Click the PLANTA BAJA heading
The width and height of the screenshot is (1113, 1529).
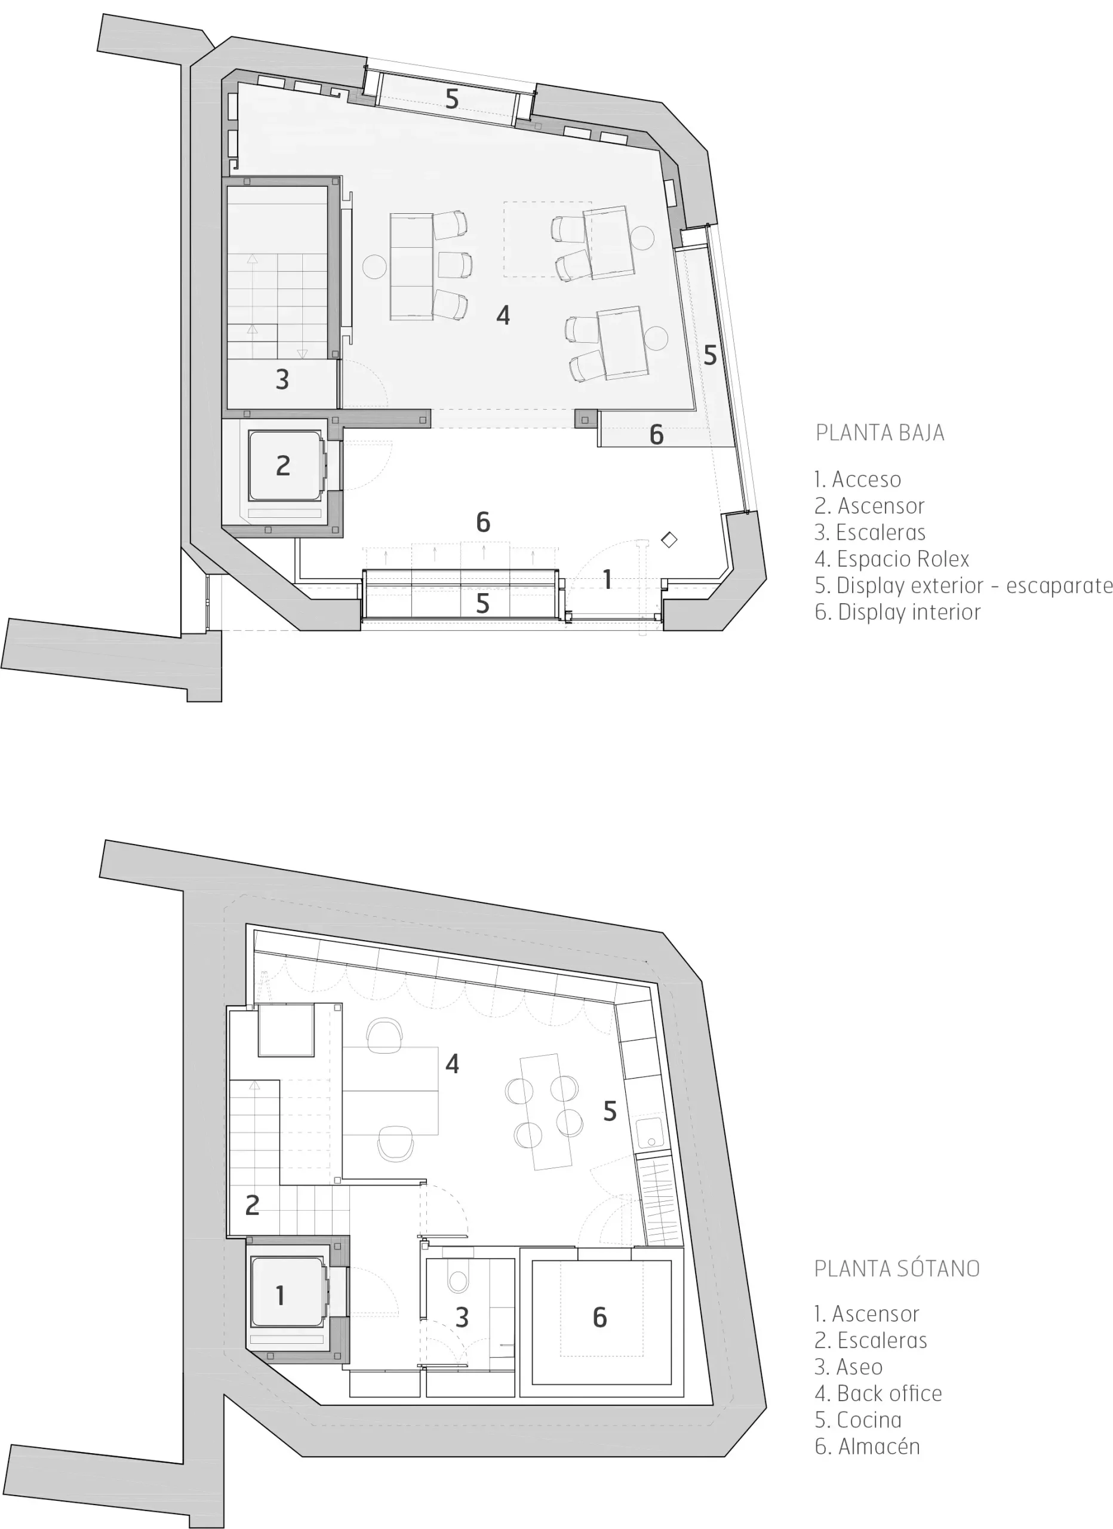click(880, 433)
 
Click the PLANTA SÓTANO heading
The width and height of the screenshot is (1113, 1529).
click(897, 1269)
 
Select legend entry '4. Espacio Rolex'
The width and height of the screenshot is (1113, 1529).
click(891, 559)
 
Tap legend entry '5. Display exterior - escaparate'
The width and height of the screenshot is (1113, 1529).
click(963, 586)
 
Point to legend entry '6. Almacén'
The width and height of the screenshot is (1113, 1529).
click(867, 1446)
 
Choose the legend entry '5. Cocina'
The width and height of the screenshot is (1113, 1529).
click(857, 1420)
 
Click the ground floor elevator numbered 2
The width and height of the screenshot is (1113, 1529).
click(284, 466)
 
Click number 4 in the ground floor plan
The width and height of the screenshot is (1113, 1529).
click(503, 315)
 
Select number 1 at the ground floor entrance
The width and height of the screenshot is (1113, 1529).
click(607, 579)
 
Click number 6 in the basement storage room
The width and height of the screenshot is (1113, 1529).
click(600, 1318)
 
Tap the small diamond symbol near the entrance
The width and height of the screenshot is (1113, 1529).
click(669, 539)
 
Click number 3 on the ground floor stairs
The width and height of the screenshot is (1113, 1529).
click(282, 379)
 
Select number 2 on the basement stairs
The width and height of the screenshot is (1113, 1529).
click(252, 1205)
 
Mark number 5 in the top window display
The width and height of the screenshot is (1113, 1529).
click(451, 99)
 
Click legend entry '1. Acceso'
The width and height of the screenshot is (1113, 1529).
click(857, 480)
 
